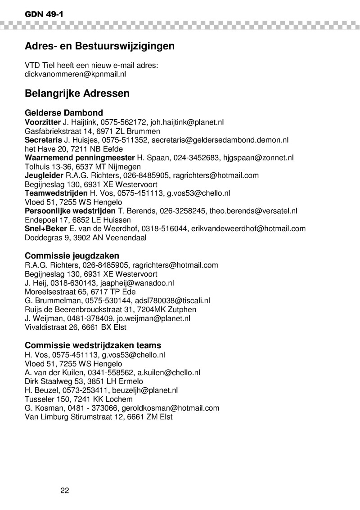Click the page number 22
pos(64,490)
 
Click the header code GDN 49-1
pos(44,14)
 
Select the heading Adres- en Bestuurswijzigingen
pos(99,46)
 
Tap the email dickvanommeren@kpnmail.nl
pos(75,74)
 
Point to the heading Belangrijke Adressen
pos(77,94)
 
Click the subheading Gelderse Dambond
pos(63,113)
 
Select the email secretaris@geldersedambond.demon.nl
pos(220,140)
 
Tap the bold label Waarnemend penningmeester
pos(80,157)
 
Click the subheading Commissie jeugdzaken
pos(72,256)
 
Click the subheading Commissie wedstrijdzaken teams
pos(93,345)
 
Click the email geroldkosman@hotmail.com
pos(175,408)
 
